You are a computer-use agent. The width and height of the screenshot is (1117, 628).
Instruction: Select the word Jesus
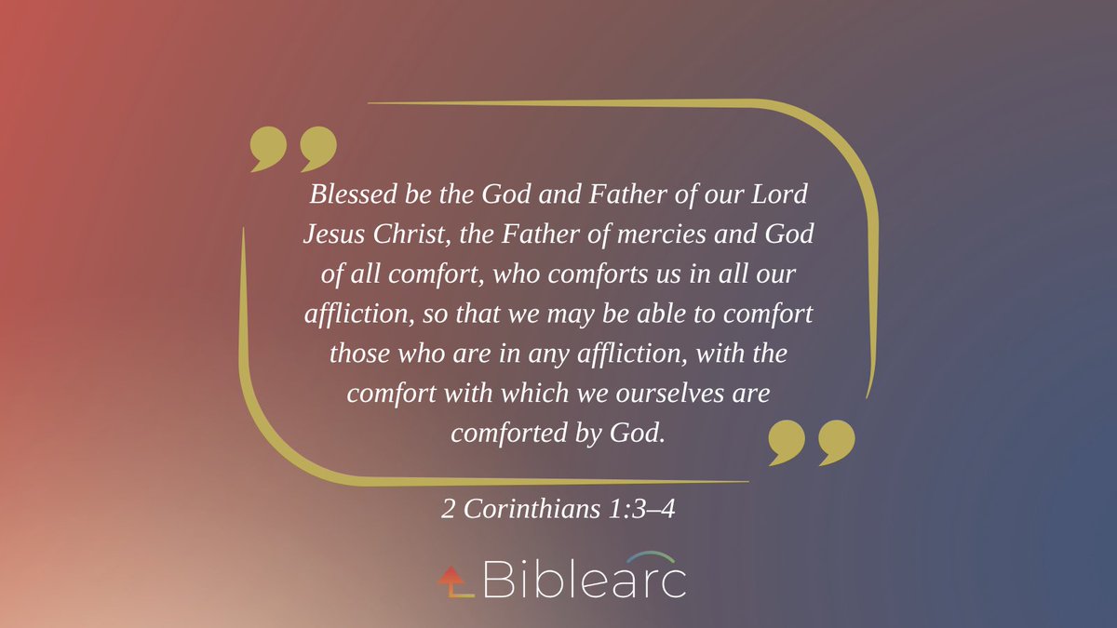[x=332, y=235]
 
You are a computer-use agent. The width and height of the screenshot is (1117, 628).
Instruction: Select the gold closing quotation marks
[x=811, y=441]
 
